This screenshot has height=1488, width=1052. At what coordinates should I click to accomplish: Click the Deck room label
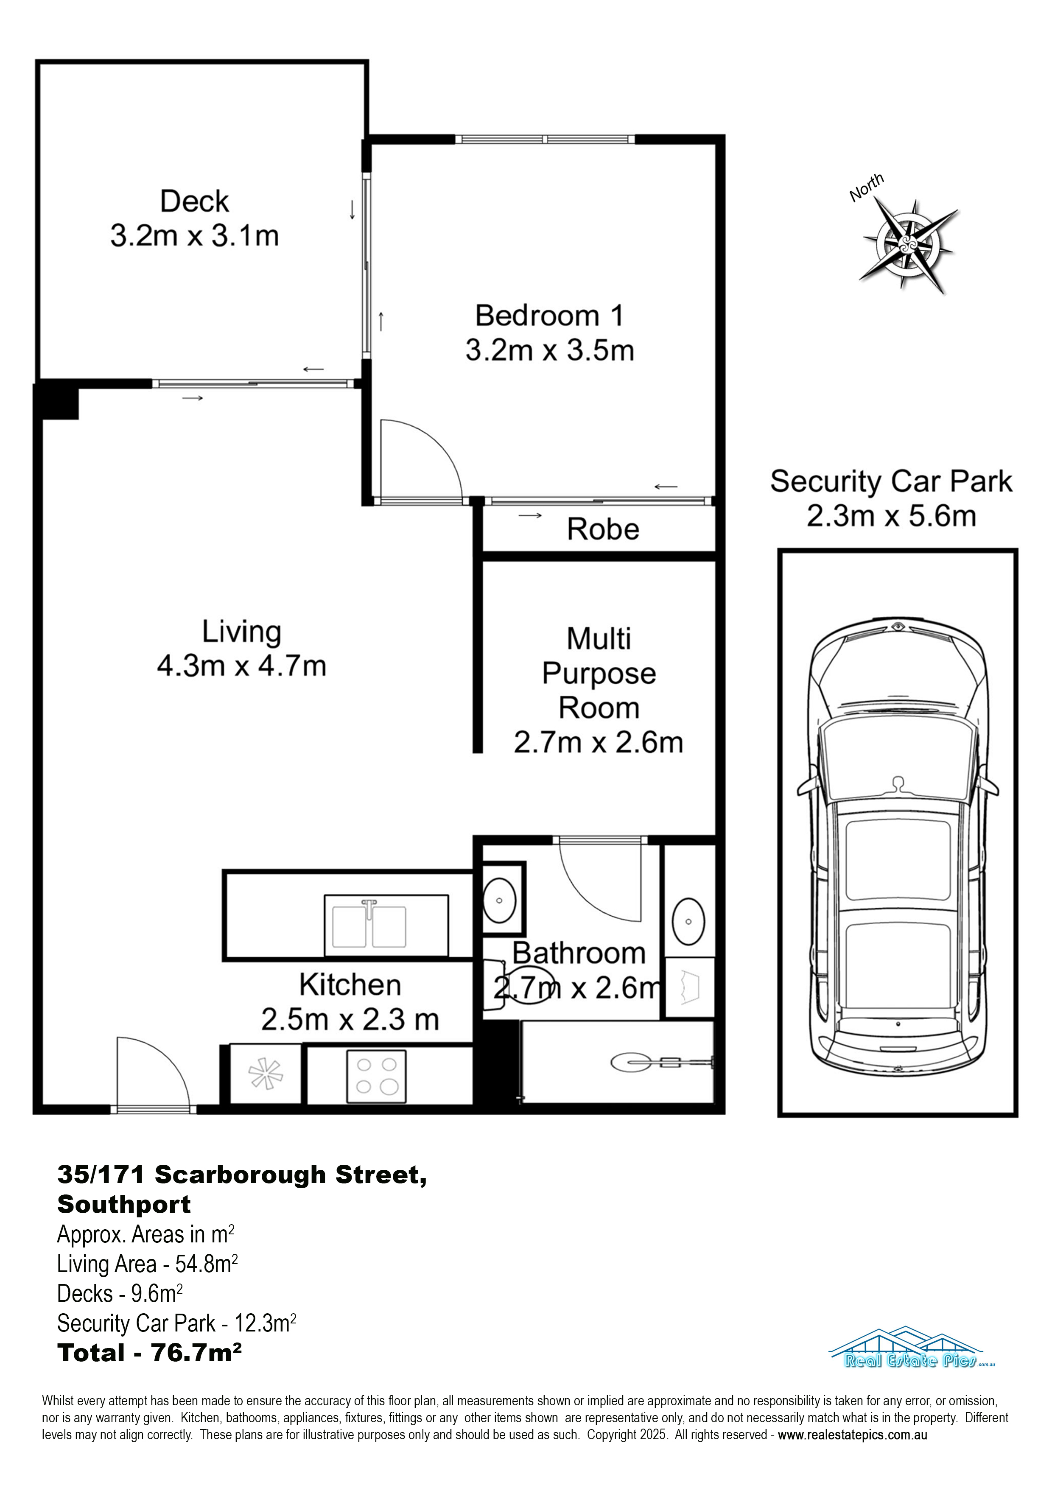[194, 201]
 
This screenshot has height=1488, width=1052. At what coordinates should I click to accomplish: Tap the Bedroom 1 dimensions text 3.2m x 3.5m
[550, 351]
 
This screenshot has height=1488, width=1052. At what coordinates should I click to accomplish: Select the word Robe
[603, 529]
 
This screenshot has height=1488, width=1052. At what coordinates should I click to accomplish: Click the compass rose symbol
[907, 244]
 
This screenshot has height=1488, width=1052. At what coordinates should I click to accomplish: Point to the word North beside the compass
[867, 187]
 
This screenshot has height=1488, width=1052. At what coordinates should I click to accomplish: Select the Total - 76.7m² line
[150, 1353]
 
